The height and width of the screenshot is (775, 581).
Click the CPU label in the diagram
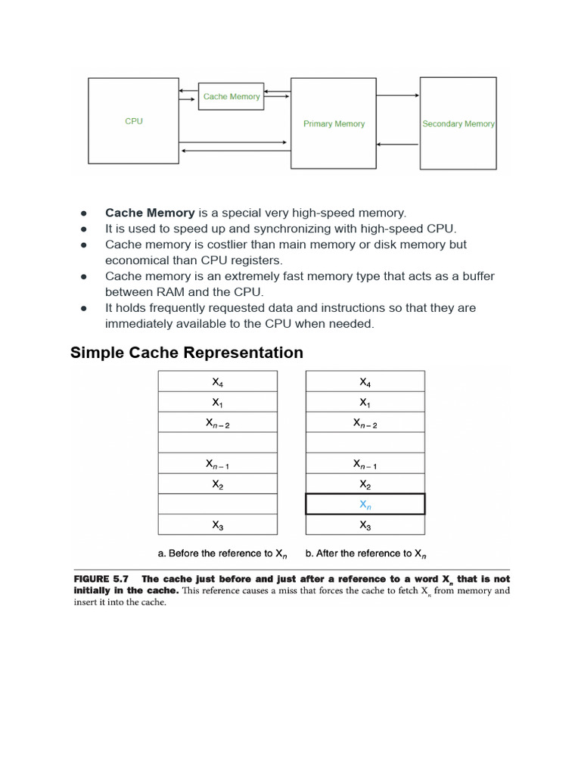[x=134, y=121]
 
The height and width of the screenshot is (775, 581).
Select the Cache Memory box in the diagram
[x=231, y=96]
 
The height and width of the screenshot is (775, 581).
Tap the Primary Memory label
[x=334, y=123]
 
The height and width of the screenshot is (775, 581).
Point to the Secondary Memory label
[x=458, y=123]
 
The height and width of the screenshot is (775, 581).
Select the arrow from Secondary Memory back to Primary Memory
[x=398, y=145]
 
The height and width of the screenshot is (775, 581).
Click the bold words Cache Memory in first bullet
[x=150, y=213]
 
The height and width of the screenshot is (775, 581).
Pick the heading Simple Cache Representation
[x=187, y=353]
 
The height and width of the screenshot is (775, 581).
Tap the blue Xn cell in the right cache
[x=365, y=504]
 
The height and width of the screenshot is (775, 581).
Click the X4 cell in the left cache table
[x=217, y=381]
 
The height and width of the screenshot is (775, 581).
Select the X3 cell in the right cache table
[x=365, y=524]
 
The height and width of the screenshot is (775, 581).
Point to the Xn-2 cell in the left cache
[x=217, y=423]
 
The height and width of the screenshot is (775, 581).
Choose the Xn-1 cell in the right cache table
[x=365, y=463]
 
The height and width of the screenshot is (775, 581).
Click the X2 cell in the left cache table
[x=217, y=484]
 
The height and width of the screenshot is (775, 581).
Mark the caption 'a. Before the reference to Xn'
[x=217, y=553]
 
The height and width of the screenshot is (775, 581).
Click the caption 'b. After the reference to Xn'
[x=365, y=553]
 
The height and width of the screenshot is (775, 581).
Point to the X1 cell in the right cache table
[x=365, y=402]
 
